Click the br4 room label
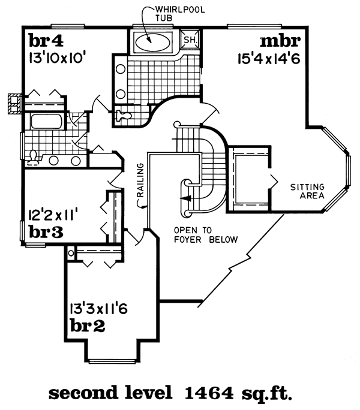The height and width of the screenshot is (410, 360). [x=44, y=43]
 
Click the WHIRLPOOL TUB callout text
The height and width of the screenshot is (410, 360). [x=169, y=13]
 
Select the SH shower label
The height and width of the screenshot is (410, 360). [x=190, y=40]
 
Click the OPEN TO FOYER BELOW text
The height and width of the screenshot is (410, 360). [x=205, y=235]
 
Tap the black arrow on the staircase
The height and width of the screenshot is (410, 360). [x=186, y=197]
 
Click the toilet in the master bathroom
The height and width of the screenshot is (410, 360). [x=123, y=114]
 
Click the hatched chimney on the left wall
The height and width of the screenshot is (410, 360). [x=13, y=103]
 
